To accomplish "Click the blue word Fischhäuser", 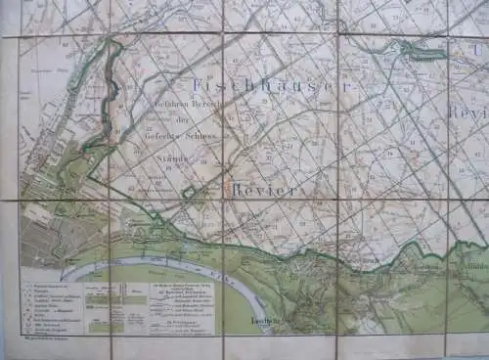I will (x=271, y=86).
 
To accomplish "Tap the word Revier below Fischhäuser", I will (x=263, y=190).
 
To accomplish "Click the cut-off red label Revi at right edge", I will (x=469, y=112).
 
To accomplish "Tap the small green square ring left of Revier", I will (x=189, y=193).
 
